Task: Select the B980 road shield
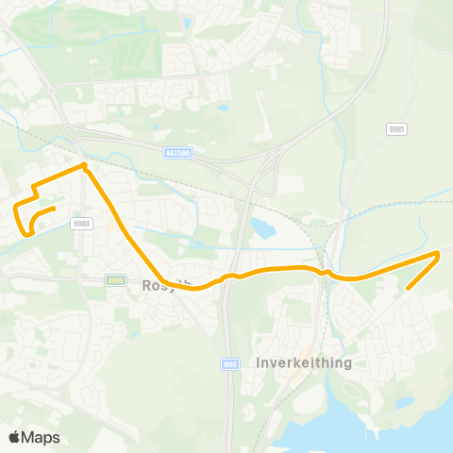point(81,224)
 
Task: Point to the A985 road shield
point(115,279)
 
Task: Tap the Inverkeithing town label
point(303,362)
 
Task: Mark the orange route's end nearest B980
point(55,209)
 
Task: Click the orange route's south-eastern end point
point(408,288)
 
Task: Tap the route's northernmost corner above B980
point(84,166)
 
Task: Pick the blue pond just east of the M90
point(261,227)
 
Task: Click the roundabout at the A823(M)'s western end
point(69,132)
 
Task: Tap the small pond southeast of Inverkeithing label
point(405,403)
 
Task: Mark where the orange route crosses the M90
point(227,277)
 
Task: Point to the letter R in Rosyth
point(147,285)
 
